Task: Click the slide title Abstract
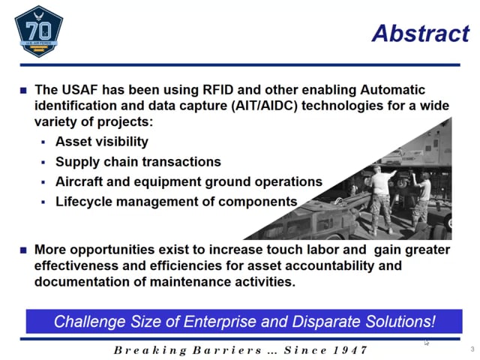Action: (421, 33)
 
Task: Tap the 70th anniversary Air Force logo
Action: (39, 31)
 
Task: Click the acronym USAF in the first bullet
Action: (79, 90)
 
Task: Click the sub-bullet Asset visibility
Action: (102, 142)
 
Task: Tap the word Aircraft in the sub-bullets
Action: (79, 181)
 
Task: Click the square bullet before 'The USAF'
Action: (23, 90)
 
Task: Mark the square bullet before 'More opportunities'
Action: (23, 250)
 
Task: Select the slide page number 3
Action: (472, 349)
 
